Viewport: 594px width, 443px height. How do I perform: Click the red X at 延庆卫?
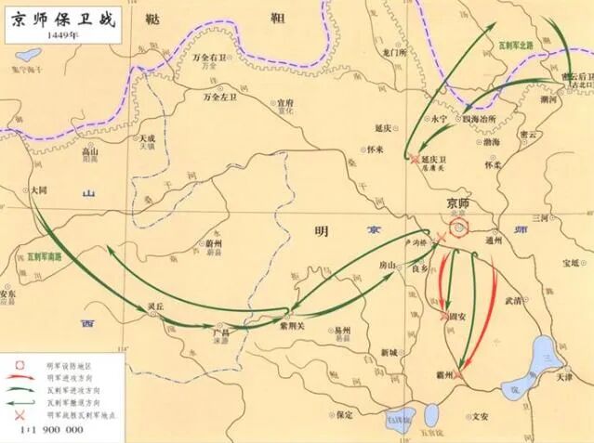(x=414, y=158)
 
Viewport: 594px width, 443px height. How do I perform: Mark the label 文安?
(x=480, y=417)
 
